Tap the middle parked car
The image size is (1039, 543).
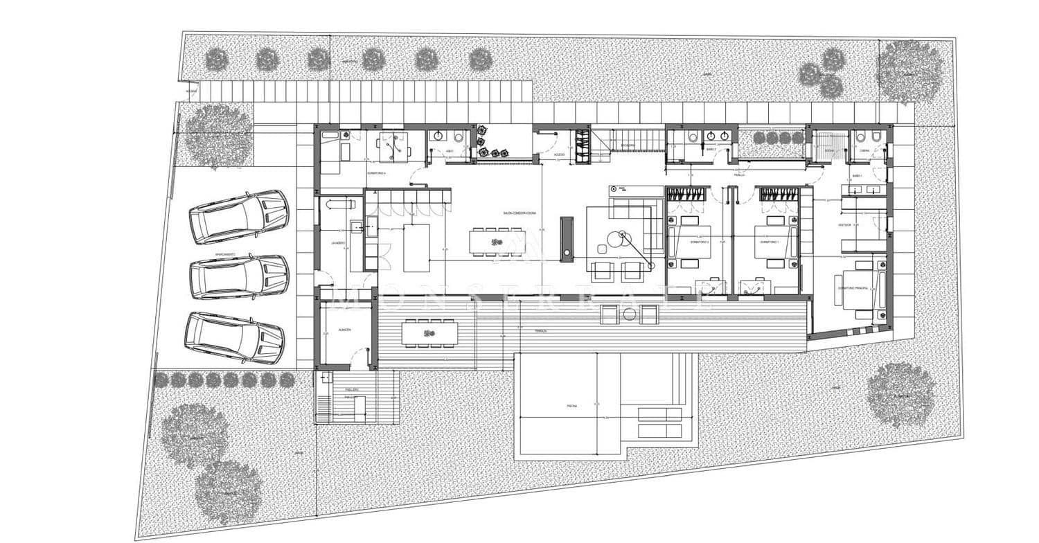(x=238, y=277)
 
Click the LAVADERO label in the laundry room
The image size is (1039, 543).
(x=338, y=242)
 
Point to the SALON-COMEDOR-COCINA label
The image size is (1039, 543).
(x=519, y=213)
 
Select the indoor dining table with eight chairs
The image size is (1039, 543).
(x=496, y=241)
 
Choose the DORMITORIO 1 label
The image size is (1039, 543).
(x=770, y=242)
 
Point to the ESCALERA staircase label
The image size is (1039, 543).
(x=628, y=145)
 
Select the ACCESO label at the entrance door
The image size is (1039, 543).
(x=559, y=154)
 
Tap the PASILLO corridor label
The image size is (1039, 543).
(x=739, y=175)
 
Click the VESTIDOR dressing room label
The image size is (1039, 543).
(x=844, y=225)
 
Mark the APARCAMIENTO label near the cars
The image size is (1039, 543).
(x=225, y=255)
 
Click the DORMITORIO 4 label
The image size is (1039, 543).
(x=376, y=172)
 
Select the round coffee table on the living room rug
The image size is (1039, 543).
(x=616, y=240)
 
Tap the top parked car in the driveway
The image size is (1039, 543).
(x=239, y=216)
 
